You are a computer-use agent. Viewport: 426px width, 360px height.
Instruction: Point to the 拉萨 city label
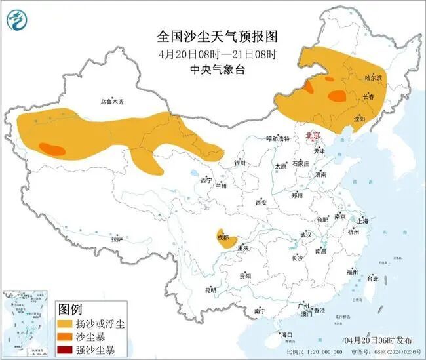[117, 240]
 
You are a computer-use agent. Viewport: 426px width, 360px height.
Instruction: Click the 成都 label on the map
[222, 237]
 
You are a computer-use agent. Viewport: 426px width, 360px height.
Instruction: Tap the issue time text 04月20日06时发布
[378, 340]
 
